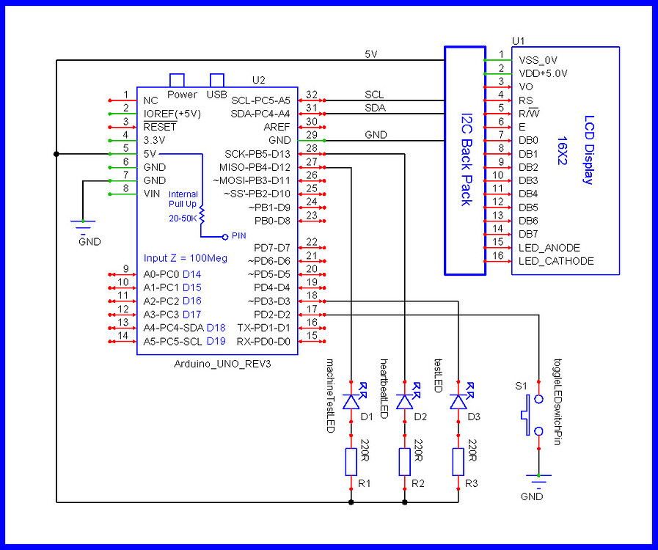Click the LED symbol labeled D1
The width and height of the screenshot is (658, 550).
point(351,402)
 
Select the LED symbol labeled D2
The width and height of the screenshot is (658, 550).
point(404,402)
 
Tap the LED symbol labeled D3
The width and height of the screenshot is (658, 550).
point(458,402)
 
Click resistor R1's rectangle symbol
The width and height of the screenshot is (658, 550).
point(351,462)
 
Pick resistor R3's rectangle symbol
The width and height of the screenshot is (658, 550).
point(458,462)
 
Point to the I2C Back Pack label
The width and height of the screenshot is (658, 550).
point(466,160)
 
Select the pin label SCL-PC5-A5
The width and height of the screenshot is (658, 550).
point(260,100)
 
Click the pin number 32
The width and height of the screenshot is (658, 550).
point(312,95)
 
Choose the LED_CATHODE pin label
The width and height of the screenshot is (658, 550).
point(556,261)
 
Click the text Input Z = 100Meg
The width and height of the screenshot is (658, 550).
point(186,258)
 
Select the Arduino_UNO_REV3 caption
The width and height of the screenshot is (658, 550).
point(217,364)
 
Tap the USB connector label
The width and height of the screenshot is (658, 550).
point(216,95)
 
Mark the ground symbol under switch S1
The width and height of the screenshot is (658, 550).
point(539,481)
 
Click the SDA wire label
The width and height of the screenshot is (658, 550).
point(375,108)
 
